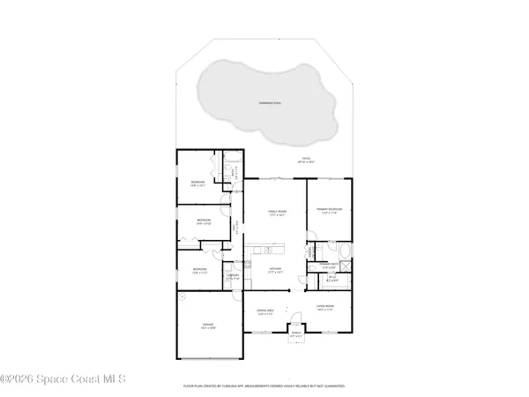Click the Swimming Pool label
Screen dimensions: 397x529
(265, 102)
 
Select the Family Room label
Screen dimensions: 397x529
(276, 212)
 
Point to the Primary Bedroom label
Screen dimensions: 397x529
(329, 210)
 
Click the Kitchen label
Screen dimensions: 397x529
(275, 271)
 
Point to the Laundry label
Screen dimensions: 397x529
(233, 277)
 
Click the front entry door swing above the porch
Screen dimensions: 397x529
(293, 321)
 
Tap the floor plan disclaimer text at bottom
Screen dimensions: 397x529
(265, 386)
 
